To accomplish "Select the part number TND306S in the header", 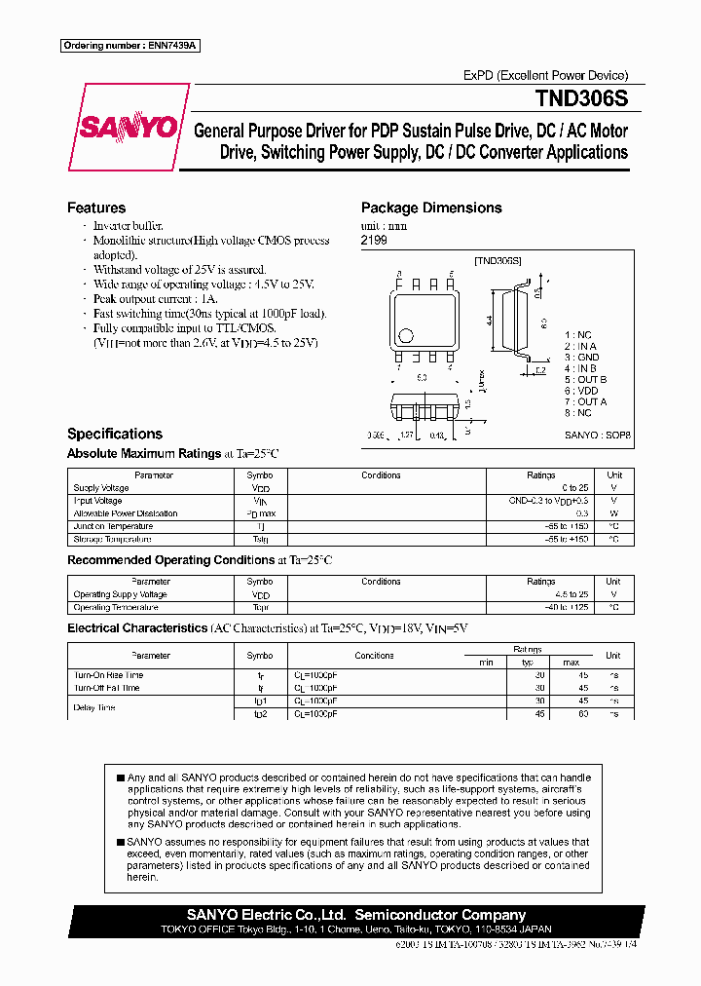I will click(580, 98).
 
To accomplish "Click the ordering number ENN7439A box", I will click(129, 46).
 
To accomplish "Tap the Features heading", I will click(96, 208).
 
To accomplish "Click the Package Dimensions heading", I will click(431, 208).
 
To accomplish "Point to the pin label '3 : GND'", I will click(581, 358).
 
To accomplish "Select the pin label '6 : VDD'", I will click(581, 391).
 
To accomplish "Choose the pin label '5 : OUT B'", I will click(585, 380).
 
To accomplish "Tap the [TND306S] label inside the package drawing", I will click(498, 261).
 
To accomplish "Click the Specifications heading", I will click(115, 434).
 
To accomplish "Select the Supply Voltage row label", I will click(101, 488).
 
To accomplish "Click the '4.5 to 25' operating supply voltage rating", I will click(572, 594).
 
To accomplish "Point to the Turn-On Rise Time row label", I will click(108, 675).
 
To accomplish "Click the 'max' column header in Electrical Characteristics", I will click(571, 663).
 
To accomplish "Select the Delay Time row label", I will click(94, 707).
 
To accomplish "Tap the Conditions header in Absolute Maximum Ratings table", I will click(381, 475).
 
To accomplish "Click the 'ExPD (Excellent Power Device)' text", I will click(545, 75).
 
